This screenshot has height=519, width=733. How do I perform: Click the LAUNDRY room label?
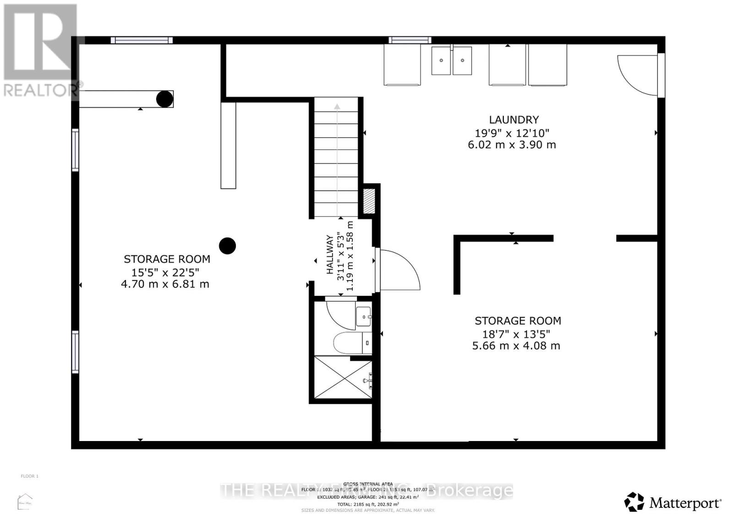[514, 120]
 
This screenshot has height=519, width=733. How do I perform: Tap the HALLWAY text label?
[329, 261]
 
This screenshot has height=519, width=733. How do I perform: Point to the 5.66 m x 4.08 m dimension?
[516, 346]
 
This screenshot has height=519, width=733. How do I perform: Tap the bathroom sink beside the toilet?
[364, 316]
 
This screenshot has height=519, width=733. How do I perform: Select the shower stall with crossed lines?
[343, 378]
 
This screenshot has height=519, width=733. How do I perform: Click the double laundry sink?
[451, 61]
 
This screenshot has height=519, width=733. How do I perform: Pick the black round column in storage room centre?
[227, 246]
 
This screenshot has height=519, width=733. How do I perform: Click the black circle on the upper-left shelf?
[164, 99]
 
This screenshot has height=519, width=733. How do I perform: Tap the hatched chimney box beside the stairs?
[369, 200]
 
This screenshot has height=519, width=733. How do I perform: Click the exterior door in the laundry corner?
[639, 75]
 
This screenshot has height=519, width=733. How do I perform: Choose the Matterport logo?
[673, 502]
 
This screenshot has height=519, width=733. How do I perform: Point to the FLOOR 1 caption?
[29, 476]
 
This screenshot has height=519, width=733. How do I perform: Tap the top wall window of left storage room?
[142, 40]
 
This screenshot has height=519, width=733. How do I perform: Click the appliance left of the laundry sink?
[402, 65]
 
